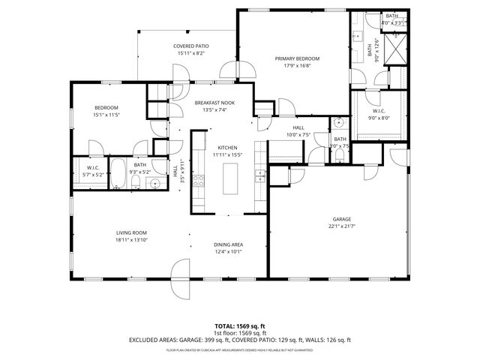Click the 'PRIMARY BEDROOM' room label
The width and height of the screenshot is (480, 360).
(297, 58)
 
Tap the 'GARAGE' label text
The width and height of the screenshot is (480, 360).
(342, 219)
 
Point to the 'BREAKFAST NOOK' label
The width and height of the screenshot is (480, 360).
(214, 103)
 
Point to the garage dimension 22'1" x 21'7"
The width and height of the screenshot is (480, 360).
(342, 226)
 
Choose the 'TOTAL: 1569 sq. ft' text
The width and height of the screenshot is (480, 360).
(239, 326)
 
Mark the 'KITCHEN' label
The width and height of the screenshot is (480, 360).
(227, 147)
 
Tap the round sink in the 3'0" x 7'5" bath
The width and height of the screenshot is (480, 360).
(339, 123)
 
